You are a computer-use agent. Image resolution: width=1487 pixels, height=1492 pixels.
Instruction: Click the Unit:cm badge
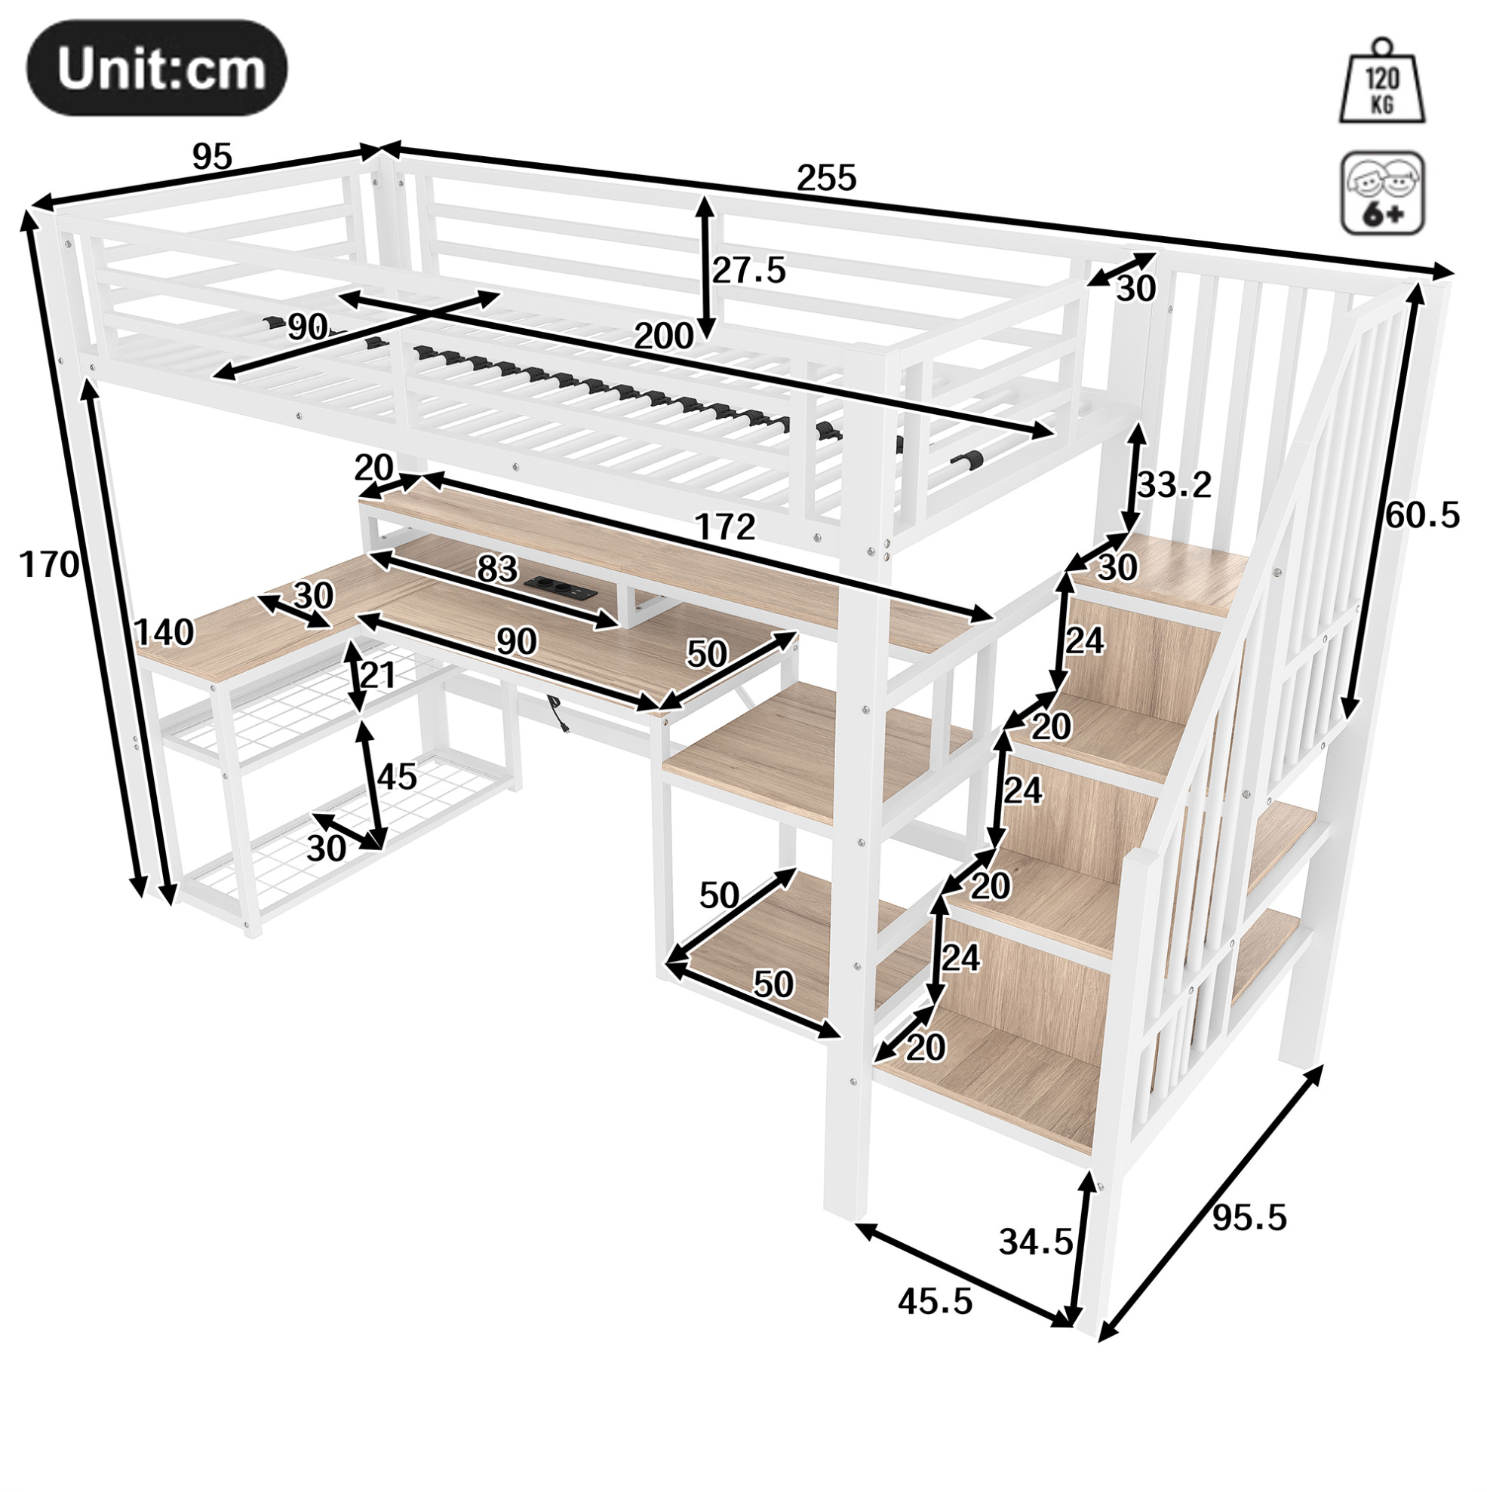click(157, 69)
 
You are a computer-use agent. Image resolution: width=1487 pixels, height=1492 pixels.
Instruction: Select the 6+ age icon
click(1383, 193)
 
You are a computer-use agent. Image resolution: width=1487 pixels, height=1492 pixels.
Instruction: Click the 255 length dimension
click(827, 178)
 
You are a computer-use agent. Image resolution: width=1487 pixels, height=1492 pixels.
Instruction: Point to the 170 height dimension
click(49, 565)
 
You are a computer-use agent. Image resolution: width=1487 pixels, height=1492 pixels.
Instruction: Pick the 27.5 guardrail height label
click(748, 270)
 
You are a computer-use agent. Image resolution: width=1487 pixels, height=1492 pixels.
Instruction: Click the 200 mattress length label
click(664, 336)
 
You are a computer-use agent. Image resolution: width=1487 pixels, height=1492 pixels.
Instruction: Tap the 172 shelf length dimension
click(724, 527)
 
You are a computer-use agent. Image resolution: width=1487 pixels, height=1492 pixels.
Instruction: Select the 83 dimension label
click(496, 569)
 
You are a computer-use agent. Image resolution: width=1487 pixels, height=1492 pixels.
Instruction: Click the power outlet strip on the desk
click(560, 588)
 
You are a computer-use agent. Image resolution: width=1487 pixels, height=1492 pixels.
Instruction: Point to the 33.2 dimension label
click(1174, 485)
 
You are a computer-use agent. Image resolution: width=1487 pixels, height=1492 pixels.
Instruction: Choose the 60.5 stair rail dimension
click(1423, 515)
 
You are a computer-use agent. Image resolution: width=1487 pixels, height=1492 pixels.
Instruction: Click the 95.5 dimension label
click(1249, 1218)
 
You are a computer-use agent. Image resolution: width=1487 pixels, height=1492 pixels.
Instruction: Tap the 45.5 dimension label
click(935, 1302)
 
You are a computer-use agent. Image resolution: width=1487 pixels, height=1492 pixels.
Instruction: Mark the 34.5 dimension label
click(1036, 1242)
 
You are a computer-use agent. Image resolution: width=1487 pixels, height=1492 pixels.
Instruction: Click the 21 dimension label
click(378, 676)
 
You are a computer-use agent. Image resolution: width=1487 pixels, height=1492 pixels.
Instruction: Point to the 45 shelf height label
click(397, 776)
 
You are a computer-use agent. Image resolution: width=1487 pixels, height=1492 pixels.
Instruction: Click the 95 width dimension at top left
click(212, 158)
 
